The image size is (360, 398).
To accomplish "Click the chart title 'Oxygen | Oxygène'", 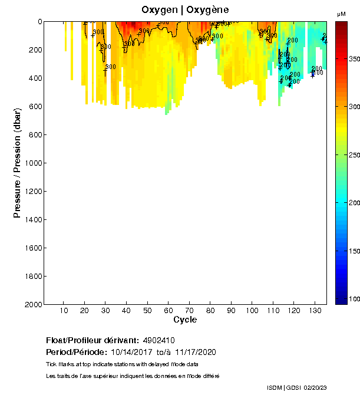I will (185, 10).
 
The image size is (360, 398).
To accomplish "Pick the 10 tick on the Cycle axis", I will (64, 311).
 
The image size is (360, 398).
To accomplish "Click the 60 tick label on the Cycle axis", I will (168, 311).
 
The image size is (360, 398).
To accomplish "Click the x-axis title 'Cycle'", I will (185, 320).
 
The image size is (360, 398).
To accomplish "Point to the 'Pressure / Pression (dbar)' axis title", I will (18, 163).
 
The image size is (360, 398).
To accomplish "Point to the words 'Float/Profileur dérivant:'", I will (92, 341).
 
